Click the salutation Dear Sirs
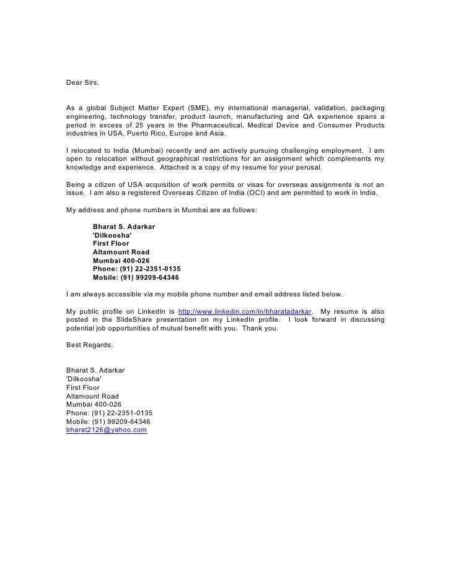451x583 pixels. point(82,82)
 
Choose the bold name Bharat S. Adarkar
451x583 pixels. point(124,227)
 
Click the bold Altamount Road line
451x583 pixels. point(121,252)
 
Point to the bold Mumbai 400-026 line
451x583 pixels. point(121,261)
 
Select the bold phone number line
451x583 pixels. point(136,269)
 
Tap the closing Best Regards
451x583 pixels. point(89,345)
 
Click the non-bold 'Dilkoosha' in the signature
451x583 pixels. point(84,379)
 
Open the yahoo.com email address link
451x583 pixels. point(106,430)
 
